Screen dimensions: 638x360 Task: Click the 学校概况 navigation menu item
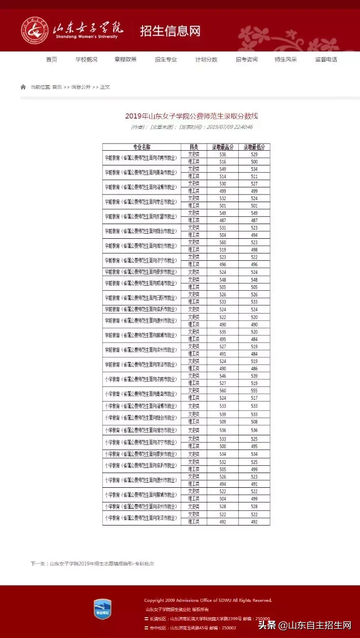[x=87, y=59]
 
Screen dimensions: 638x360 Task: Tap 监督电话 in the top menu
[x=326, y=59]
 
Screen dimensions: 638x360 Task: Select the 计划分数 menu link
[x=206, y=59]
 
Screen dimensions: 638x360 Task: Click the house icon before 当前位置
[x=23, y=87]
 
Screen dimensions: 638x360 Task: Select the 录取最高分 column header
[x=223, y=147]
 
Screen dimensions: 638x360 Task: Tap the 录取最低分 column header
[x=254, y=147]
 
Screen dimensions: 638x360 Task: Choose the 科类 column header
[x=194, y=147]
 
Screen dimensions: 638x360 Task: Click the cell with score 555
[x=254, y=391]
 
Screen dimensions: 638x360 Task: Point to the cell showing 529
[x=254, y=154]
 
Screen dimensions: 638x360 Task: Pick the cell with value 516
[x=223, y=161]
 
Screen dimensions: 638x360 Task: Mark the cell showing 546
[x=223, y=376]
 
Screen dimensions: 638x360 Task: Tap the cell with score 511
[x=254, y=176]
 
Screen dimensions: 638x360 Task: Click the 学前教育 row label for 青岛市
[x=142, y=173]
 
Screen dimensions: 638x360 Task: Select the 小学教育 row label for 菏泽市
[x=142, y=518]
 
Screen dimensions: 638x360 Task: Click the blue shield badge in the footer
[x=102, y=609]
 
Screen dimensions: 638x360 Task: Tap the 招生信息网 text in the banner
[x=170, y=31]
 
